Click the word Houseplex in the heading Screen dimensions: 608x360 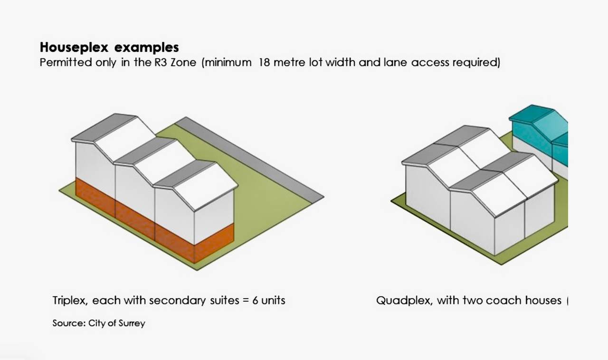pyautogui.click(x=74, y=47)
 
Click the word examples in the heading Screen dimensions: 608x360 pyautogui.click(x=147, y=47)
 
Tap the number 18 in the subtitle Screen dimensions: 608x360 pyautogui.click(x=265, y=62)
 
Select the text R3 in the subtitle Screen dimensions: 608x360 pyautogui.click(x=161, y=62)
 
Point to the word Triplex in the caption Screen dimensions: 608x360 pyautogui.click(x=70, y=301)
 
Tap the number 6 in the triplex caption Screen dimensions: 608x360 pyautogui.click(x=255, y=301)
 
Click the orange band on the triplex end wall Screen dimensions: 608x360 pyautogui.click(x=214, y=243)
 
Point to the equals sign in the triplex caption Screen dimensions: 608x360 pyautogui.click(x=246, y=301)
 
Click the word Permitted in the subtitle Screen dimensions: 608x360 pyautogui.click(x=66, y=62)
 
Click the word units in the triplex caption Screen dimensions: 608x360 pyautogui.click(x=273, y=301)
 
